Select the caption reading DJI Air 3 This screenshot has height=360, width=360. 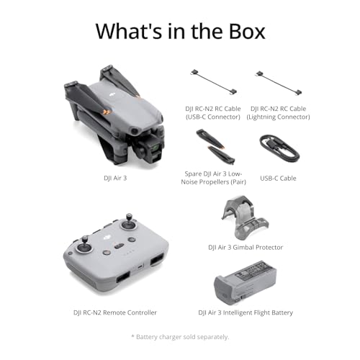pos(115,177)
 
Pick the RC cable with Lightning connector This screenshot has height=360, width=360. pos(277,81)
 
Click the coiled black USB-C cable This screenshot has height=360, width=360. pos(279,148)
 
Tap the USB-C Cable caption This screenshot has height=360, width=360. pos(278,178)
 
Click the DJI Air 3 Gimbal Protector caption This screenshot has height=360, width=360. pos(245,247)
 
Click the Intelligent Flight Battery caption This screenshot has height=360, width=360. pos(245,312)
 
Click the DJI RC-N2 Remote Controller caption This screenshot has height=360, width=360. pos(114,312)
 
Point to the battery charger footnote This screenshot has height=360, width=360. pos(179,337)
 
